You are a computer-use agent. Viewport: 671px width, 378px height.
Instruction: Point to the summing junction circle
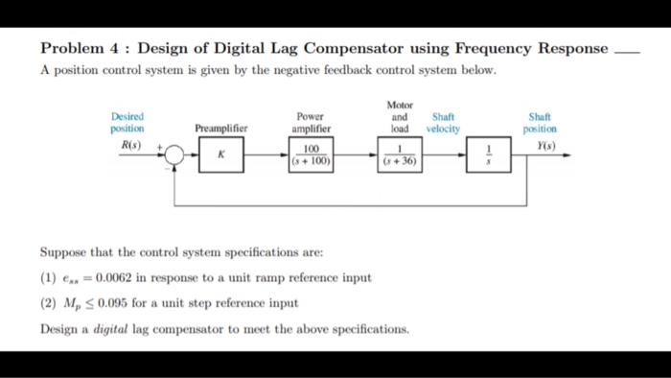pyautogui.click(x=177, y=154)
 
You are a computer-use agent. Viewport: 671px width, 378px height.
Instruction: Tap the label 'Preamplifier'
pyautogui.click(x=220, y=128)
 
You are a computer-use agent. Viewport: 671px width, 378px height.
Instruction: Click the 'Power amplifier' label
pyautogui.click(x=311, y=122)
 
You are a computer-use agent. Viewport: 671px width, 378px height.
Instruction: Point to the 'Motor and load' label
pyautogui.click(x=399, y=116)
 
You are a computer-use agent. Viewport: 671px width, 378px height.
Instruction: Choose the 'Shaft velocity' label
pyautogui.click(x=443, y=122)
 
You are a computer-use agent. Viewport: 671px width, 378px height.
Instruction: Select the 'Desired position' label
pyautogui.click(x=127, y=122)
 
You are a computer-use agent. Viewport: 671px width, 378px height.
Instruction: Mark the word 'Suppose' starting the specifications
pyautogui.click(x=63, y=253)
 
